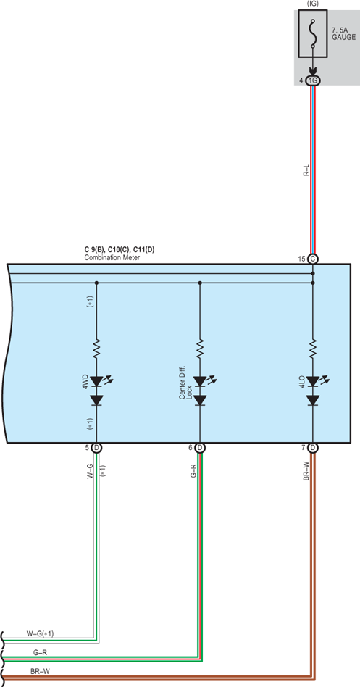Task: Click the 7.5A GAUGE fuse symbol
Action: [x=313, y=33]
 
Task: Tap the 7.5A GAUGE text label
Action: [x=344, y=34]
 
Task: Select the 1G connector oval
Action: [x=313, y=80]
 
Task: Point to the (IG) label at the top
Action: [x=313, y=3]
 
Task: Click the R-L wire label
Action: [x=306, y=170]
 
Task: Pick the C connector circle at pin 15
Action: [x=313, y=259]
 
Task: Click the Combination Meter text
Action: [x=112, y=258]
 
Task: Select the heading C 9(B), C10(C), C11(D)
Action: [x=119, y=250]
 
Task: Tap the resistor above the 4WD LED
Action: [x=96, y=349]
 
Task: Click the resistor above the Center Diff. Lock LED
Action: [x=200, y=349]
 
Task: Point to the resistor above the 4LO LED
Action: [x=313, y=349]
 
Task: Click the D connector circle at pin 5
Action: [x=96, y=447]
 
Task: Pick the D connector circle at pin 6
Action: [x=200, y=447]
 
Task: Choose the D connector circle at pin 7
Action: [x=313, y=447]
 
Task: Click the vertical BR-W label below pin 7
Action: [x=306, y=471]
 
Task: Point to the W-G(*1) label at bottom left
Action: [x=41, y=633]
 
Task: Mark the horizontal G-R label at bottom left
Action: [x=41, y=652]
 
